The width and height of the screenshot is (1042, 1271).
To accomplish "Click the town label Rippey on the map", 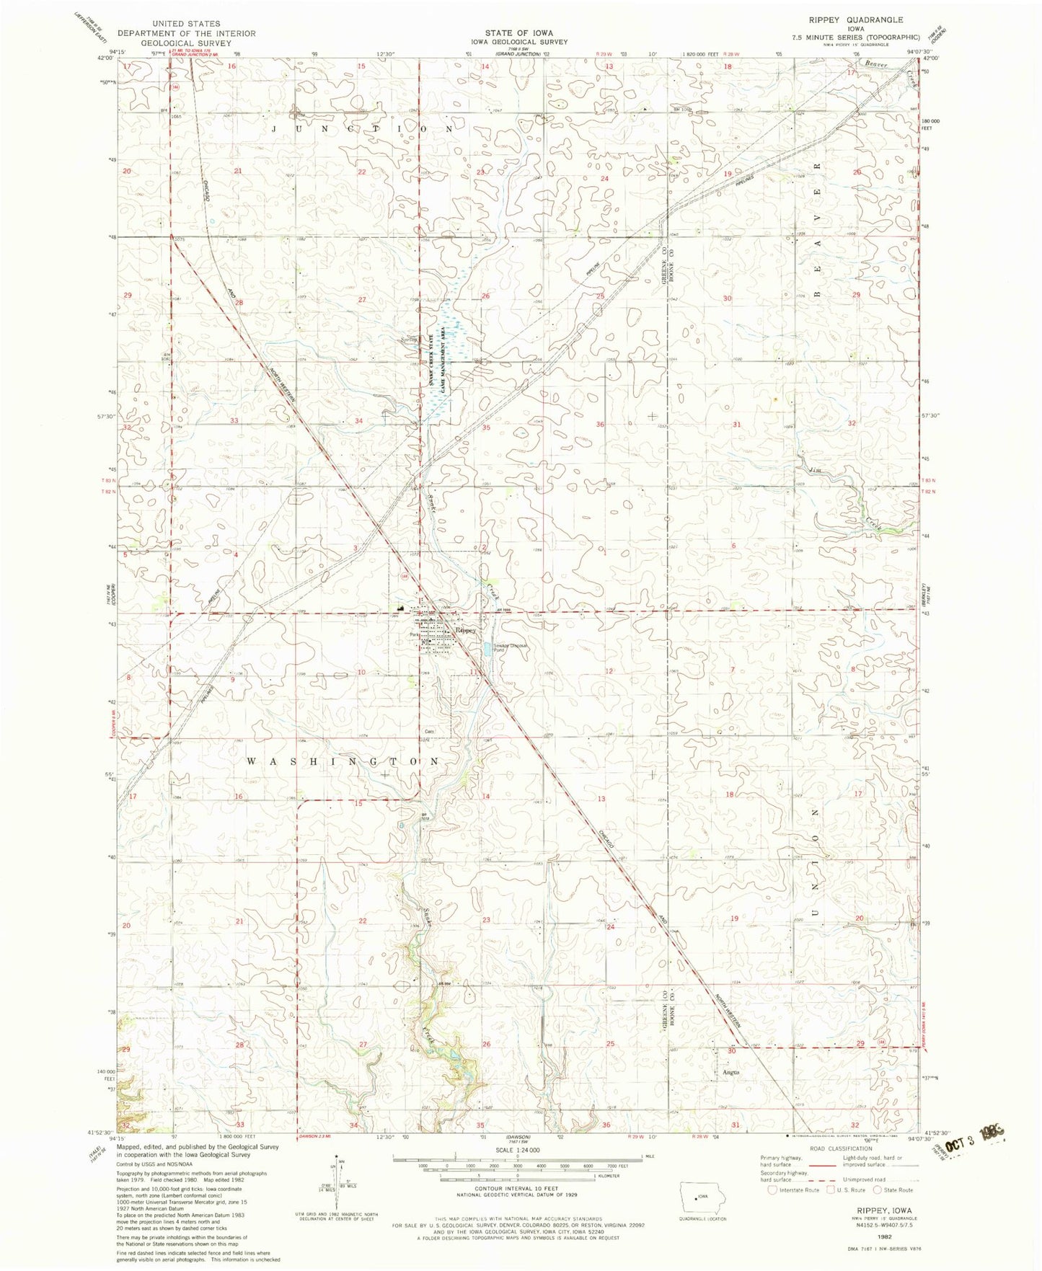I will coord(466,630).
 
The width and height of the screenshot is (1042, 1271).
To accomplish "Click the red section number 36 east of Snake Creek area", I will coord(600,425).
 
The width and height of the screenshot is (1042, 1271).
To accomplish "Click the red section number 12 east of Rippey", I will coord(609,671).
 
